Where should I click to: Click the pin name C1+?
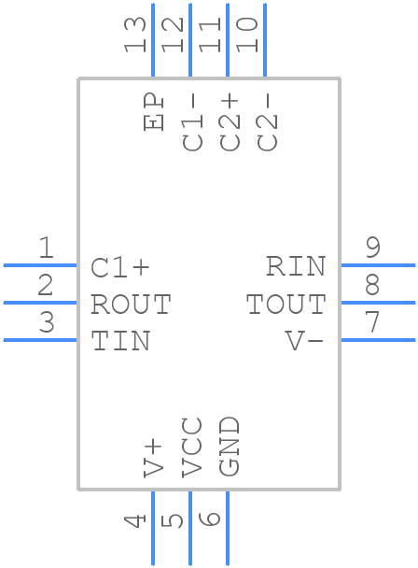click(120, 267)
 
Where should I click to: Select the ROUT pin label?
click(131, 305)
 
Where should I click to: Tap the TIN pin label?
click(120, 342)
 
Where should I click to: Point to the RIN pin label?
click(296, 267)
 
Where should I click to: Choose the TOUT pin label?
click(286, 305)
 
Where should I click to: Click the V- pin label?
click(304, 342)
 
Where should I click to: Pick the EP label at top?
click(154, 112)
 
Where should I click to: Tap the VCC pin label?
click(191, 447)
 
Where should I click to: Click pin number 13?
click(136, 35)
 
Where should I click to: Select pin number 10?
click(248, 35)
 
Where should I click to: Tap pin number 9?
click(372, 248)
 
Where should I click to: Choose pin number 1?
click(46, 248)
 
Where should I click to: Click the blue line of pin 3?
click(39, 340)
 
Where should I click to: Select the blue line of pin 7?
click(378, 340)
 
